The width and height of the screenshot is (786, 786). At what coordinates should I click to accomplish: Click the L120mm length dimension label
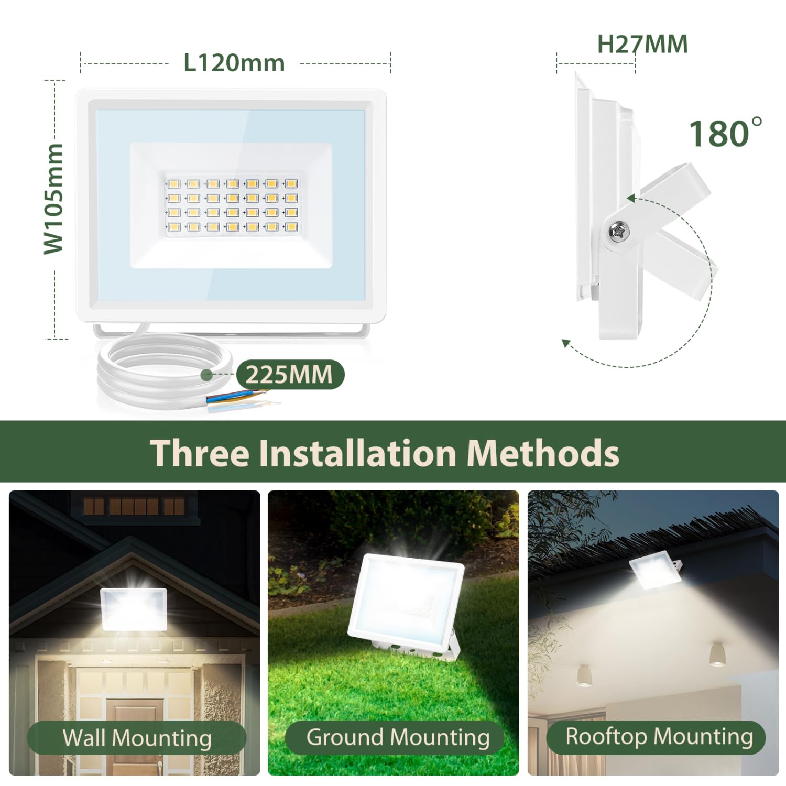click(x=234, y=63)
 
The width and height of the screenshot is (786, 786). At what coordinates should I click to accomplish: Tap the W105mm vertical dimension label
click(x=53, y=199)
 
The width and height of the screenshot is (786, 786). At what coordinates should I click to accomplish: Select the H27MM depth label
click(x=642, y=44)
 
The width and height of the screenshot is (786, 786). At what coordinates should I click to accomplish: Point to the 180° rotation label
click(x=725, y=133)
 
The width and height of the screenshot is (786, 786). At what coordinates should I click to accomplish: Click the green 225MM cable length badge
click(x=290, y=375)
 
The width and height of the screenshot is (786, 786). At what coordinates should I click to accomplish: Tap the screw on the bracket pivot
click(x=619, y=231)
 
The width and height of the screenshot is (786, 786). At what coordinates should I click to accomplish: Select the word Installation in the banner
click(x=358, y=452)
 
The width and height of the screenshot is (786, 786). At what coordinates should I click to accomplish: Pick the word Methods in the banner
click(x=543, y=452)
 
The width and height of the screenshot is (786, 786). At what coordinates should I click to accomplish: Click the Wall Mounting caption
click(x=137, y=738)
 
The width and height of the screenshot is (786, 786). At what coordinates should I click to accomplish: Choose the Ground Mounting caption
click(x=398, y=737)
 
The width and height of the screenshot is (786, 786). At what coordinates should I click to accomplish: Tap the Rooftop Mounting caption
click(x=659, y=736)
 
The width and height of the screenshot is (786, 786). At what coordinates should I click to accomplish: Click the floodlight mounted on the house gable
click(x=134, y=609)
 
